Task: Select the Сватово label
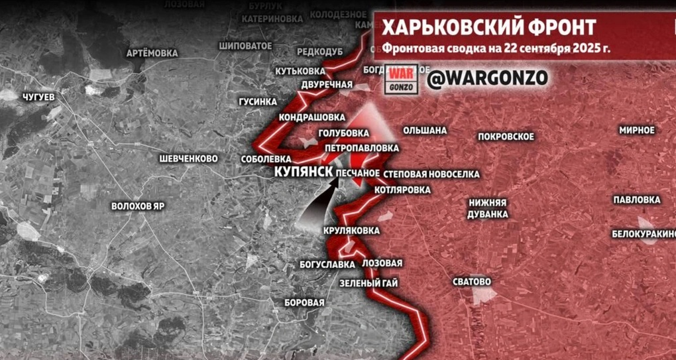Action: click(472, 282)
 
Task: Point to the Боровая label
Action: click(304, 303)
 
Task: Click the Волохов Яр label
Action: click(138, 206)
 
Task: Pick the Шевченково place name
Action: click(189, 159)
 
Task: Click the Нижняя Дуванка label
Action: click(488, 208)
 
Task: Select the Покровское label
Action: click(506, 137)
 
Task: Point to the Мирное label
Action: click(637, 130)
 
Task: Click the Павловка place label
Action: click(636, 200)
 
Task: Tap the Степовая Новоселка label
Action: click(431, 174)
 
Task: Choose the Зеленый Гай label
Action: click(368, 283)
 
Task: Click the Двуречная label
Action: click(326, 85)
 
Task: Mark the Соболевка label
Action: click(268, 160)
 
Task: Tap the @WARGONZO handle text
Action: click(488, 78)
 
